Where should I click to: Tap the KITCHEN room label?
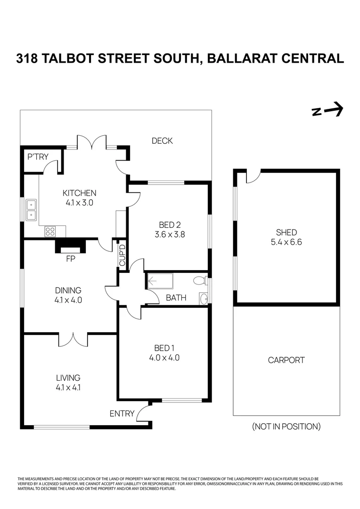point(80,193)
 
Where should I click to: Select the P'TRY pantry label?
point(38,156)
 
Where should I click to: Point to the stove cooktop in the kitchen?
point(50,231)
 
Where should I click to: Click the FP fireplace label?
point(70,258)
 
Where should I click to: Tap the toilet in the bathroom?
point(200,281)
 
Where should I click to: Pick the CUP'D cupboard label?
point(122,254)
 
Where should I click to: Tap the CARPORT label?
point(286,360)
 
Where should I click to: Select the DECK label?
point(162,140)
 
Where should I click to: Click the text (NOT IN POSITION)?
point(286,427)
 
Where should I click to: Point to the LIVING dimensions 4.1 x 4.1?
point(68,388)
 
